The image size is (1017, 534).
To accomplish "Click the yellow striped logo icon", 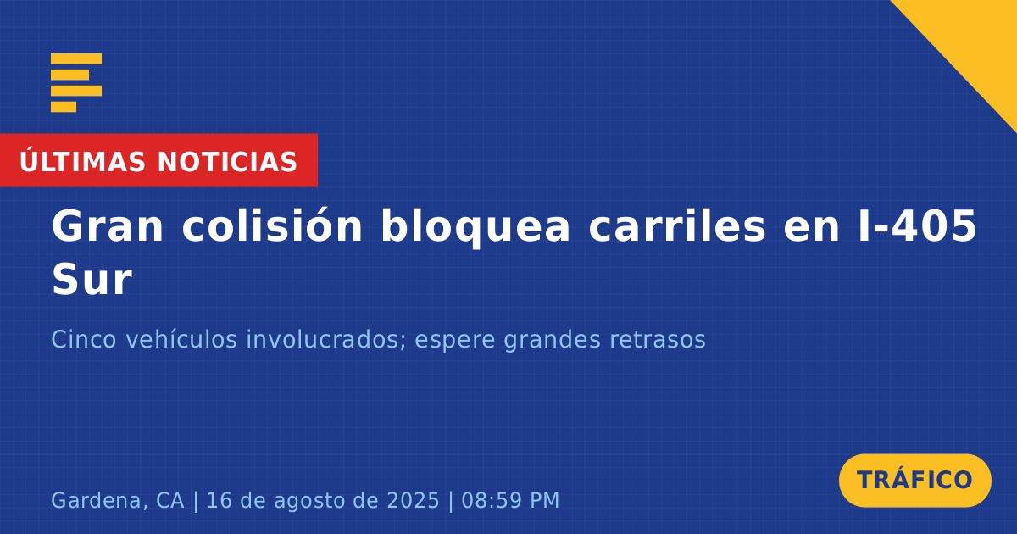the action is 76,83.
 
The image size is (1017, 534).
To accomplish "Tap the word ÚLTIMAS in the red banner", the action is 82,161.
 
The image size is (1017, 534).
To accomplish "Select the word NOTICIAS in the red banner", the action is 227,162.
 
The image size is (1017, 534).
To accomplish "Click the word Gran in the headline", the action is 107,226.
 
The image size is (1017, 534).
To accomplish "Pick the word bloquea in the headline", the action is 475,227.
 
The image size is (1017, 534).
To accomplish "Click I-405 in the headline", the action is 917,225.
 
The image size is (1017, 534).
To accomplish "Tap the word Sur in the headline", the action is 92,280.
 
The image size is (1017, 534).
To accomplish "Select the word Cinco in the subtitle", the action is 84,339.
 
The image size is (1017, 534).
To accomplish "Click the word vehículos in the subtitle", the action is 181,339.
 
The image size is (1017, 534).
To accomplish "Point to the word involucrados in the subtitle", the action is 326,339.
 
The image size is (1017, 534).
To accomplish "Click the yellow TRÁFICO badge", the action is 914,480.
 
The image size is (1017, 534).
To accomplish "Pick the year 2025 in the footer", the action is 414,500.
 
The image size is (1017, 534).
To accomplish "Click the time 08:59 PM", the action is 510,500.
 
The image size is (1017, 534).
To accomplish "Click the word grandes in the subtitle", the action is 552,340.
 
